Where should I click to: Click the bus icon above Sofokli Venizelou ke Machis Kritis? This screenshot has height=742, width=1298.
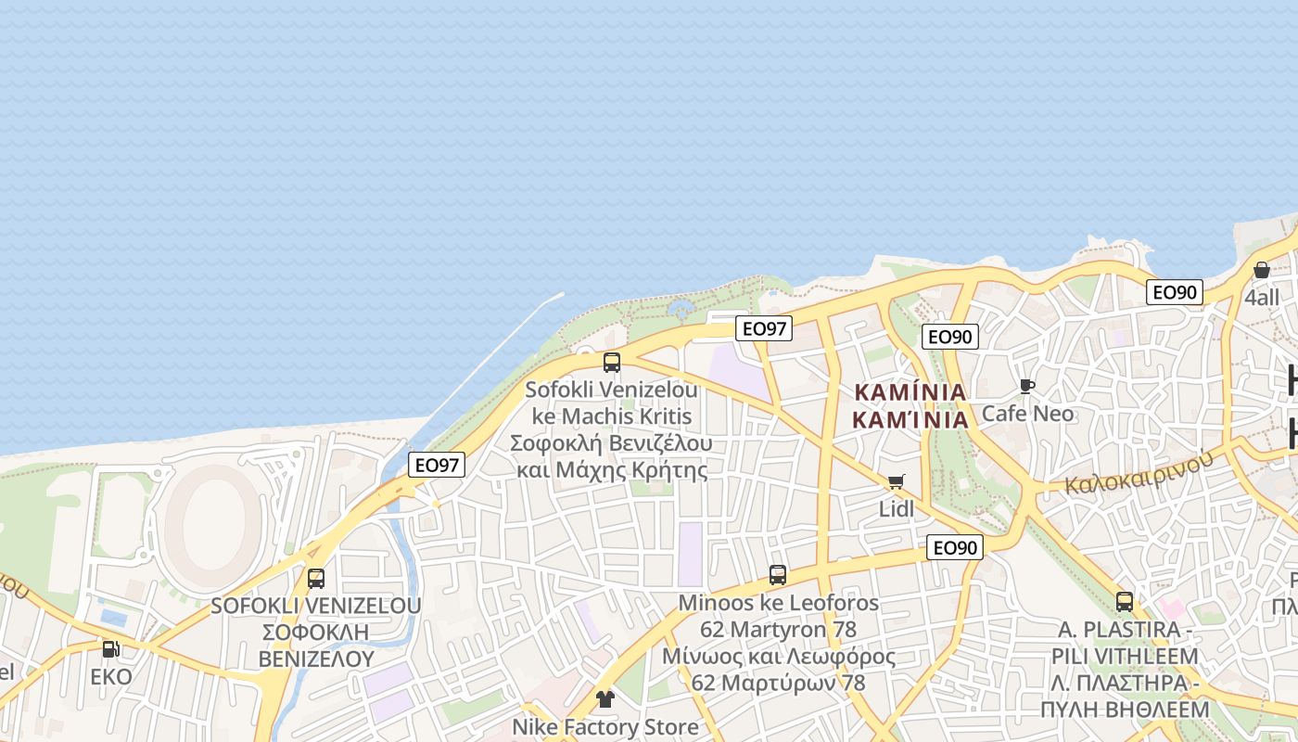[x=612, y=363]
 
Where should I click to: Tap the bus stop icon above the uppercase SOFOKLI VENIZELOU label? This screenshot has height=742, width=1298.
[x=316, y=579]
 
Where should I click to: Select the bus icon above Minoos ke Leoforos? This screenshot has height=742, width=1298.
[x=778, y=575]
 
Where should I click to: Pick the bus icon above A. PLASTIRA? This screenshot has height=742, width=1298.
[x=1125, y=602]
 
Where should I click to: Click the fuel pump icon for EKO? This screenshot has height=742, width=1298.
[x=111, y=649]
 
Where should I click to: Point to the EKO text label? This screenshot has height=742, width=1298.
[x=111, y=676]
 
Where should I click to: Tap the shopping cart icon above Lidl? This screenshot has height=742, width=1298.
[x=896, y=481]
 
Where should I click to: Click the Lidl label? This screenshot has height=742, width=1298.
[x=897, y=508]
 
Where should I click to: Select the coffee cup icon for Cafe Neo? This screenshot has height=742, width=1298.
[x=1026, y=386]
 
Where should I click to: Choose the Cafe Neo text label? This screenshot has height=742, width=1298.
[x=1027, y=413]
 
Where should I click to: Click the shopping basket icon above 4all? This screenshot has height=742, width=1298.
[x=1262, y=271]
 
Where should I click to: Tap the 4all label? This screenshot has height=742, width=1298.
[x=1262, y=298]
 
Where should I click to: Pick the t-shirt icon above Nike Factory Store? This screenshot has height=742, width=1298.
[x=605, y=699]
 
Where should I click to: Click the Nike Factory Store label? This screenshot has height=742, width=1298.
[x=605, y=726]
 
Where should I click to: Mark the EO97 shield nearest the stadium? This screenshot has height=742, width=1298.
[x=437, y=465]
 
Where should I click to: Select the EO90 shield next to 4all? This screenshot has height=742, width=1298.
[x=1175, y=292]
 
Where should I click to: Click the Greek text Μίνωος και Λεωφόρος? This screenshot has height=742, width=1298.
[x=778, y=657]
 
